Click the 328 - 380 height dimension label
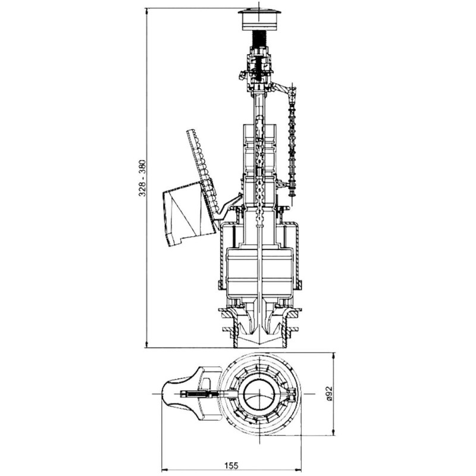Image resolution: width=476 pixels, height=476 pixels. click(143, 177)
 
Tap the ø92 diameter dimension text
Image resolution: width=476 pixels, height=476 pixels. click(330, 394)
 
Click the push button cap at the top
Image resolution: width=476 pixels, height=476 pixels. click(259, 20)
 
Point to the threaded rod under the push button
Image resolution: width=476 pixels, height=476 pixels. click(259, 39)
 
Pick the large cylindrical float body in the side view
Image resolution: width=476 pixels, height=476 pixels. click(259, 272)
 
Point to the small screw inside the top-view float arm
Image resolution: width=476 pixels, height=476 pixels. click(199, 394)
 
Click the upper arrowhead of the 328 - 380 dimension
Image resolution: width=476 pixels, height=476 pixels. click(147, 12)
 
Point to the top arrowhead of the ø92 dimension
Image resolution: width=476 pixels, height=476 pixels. click(334, 356)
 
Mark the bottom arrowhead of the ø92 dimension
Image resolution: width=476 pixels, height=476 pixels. click(334, 432)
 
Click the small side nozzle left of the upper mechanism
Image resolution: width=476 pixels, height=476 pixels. click(242, 75)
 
